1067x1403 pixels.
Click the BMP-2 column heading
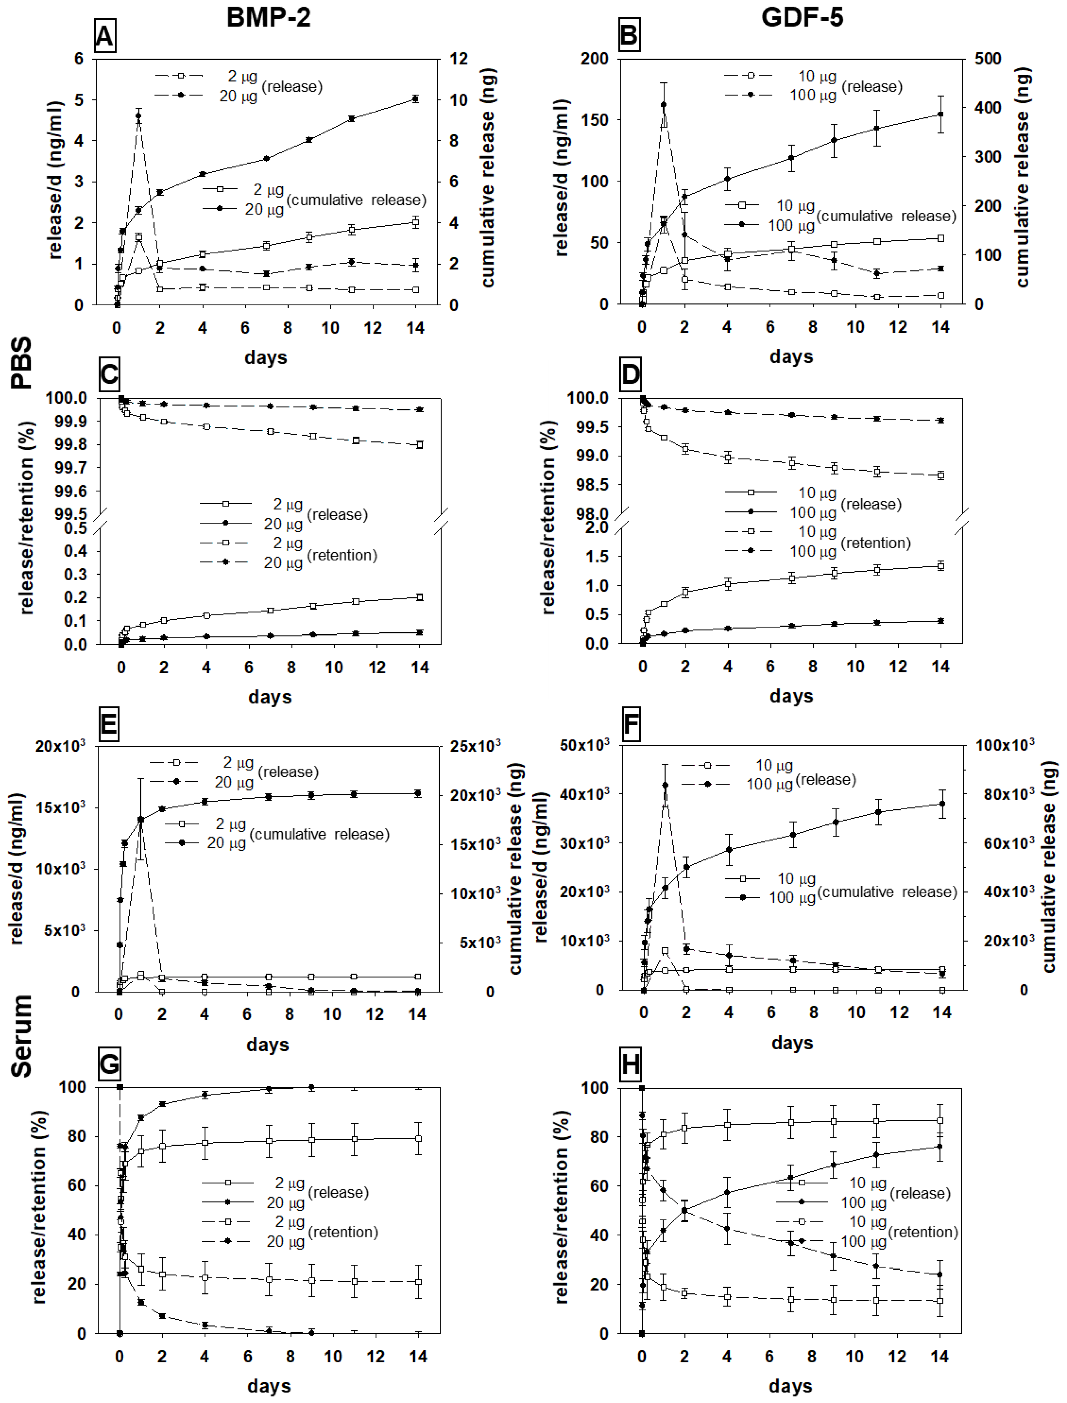point(269,17)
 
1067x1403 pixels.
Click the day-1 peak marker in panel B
point(664,105)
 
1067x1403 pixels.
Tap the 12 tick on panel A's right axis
point(459,59)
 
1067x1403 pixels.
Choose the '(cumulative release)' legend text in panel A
point(356,200)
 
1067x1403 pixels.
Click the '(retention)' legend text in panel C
point(342,555)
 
